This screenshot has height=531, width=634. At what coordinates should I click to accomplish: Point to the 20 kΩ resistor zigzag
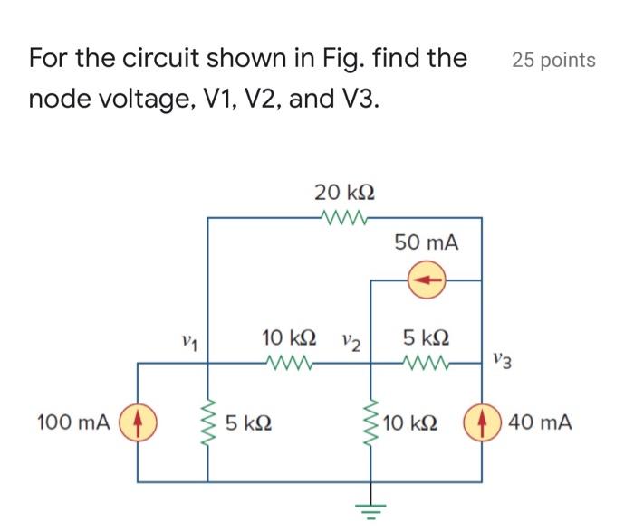pos(344,218)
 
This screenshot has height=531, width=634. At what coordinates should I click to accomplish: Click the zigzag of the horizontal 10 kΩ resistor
pos(291,364)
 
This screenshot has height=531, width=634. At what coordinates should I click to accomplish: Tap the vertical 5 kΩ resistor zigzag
pos(209,422)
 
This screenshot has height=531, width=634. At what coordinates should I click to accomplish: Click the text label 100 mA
pos(73,422)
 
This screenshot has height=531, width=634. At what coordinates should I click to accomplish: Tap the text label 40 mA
pos(540,422)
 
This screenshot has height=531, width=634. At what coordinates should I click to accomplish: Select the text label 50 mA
pos(427,242)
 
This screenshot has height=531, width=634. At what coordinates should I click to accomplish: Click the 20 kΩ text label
pos(344,192)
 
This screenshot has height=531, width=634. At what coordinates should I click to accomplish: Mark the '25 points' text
pos(553,61)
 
